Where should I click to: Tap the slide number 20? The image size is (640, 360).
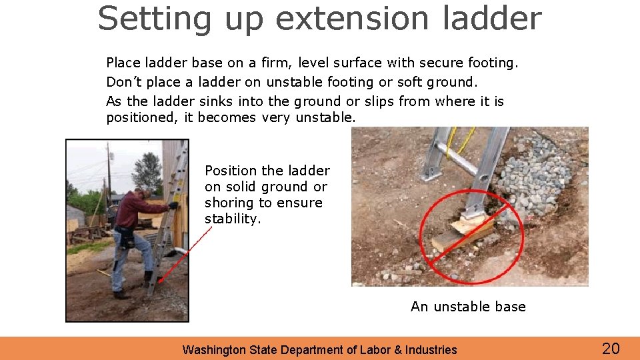click(611, 348)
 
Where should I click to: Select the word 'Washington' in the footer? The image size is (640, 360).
click(213, 349)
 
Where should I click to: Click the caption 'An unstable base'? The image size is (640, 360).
click(468, 307)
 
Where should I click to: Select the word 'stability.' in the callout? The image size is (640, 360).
click(231, 219)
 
